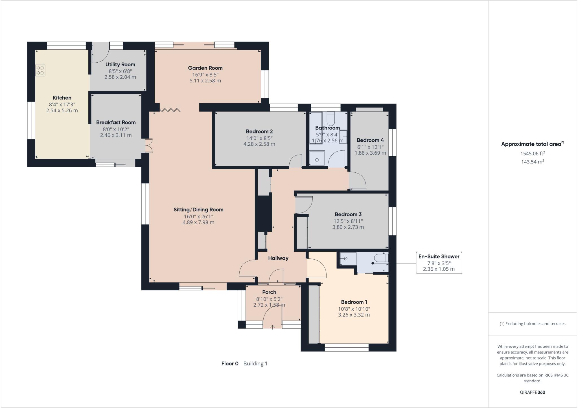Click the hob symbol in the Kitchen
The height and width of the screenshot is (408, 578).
[x=40, y=70]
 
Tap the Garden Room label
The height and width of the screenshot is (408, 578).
[x=205, y=68]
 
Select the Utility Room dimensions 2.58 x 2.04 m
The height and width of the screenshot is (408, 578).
[x=120, y=77]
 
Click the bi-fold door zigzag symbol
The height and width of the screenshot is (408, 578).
[x=170, y=110]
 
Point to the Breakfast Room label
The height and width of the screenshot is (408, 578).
[x=116, y=122]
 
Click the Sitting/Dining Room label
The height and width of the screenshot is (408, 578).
[x=198, y=210]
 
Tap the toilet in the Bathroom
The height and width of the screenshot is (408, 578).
[x=330, y=119]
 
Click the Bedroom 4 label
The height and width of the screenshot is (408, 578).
[x=370, y=140]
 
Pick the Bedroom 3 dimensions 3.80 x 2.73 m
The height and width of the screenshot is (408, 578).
[x=348, y=227]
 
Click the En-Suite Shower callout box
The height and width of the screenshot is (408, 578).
[x=439, y=263]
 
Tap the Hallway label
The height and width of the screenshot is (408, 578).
[x=278, y=258]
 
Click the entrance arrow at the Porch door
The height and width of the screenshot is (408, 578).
[x=272, y=327]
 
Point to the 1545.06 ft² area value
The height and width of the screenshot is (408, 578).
[x=532, y=154]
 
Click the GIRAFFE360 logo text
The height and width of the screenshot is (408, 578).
[x=532, y=392]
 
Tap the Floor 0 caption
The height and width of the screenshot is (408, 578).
[x=230, y=364]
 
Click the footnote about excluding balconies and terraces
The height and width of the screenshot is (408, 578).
[x=532, y=324]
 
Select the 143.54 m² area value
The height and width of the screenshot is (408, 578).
[x=532, y=162]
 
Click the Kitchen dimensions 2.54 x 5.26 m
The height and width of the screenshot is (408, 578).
[x=62, y=111]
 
